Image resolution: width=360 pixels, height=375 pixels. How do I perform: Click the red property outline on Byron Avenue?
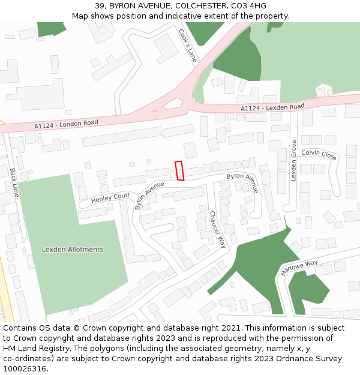point(179,170)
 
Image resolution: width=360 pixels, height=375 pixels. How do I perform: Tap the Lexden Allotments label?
point(72,250)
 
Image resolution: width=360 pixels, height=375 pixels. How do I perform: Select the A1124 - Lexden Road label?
point(272,107)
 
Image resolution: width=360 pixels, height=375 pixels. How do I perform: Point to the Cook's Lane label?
point(188,46)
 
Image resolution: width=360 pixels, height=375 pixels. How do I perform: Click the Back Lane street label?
point(14,182)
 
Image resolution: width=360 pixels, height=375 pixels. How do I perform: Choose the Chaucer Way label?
point(217,229)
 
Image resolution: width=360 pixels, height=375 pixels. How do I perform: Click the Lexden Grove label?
point(293,160)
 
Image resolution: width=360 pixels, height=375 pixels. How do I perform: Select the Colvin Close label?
point(319,154)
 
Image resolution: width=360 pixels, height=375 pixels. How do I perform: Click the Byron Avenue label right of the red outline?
point(242,182)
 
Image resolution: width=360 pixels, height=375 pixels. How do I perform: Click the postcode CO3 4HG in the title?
point(250,6)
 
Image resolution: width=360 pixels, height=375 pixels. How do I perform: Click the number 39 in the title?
point(100,6)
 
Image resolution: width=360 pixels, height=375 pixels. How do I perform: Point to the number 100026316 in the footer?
point(25,368)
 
